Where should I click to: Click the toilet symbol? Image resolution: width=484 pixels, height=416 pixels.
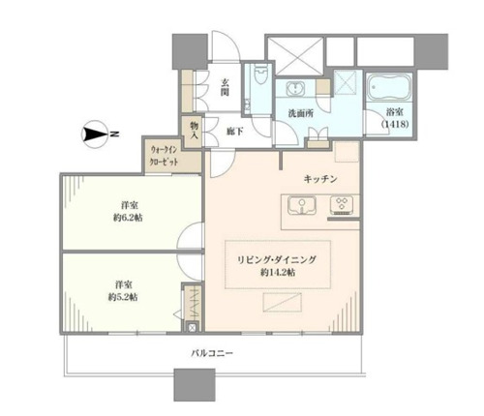[x=259, y=75]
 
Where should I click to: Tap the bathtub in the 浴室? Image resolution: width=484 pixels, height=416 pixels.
[x=389, y=87]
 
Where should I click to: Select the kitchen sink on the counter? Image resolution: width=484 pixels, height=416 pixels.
[x=302, y=206]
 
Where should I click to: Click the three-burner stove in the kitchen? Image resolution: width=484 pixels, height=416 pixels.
[x=342, y=205]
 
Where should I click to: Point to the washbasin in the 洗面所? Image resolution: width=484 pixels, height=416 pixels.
[x=295, y=88]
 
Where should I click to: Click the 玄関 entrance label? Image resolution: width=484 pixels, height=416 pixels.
[x=225, y=87]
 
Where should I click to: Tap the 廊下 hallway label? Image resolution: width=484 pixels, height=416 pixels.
[x=234, y=132]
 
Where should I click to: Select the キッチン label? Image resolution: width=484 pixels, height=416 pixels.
[x=320, y=179]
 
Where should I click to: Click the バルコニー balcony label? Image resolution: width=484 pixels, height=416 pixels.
[x=212, y=353]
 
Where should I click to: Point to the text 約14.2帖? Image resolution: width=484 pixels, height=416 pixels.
[x=278, y=273]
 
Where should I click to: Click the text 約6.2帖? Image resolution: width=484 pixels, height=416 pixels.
[x=128, y=218]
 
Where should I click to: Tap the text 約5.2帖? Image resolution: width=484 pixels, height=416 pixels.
[x=123, y=297]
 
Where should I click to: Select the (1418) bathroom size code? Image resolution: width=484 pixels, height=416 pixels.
[x=395, y=124]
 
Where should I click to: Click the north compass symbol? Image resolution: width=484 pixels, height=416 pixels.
[x=94, y=134]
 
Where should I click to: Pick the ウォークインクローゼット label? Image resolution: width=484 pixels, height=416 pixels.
[x=164, y=156]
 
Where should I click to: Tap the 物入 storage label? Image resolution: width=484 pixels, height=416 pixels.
[x=194, y=131]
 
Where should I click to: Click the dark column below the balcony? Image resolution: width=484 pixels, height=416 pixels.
[x=195, y=385]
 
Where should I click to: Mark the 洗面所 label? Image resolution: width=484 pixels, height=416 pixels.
[x=300, y=113]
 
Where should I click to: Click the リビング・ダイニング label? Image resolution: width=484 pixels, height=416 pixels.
[x=277, y=259]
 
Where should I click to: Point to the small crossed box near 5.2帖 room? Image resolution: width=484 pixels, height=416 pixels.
[x=192, y=328]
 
